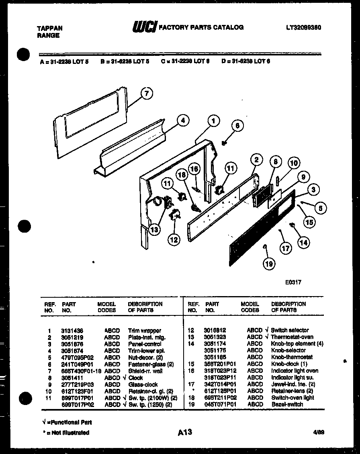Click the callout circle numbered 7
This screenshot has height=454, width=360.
147,94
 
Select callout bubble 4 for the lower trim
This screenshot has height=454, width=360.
182,120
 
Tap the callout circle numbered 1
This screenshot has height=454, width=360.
214,120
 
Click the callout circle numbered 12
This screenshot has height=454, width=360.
174,239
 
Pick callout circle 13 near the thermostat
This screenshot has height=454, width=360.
154,229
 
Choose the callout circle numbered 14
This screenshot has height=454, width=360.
304,242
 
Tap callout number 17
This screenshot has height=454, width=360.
285,249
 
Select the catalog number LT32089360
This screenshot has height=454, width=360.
303,28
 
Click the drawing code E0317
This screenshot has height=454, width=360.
293,282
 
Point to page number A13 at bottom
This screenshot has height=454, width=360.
185,432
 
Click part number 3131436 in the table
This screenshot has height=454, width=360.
72,330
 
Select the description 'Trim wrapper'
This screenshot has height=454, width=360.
144,330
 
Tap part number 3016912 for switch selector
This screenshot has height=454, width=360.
215,330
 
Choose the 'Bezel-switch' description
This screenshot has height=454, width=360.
287,404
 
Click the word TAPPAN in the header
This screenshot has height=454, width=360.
49,28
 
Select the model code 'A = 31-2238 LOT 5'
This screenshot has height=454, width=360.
64,61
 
